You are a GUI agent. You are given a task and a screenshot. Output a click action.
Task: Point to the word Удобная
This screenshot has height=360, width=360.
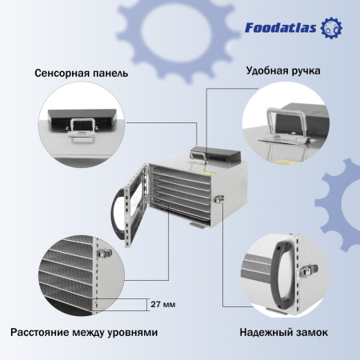coord(267,70)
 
